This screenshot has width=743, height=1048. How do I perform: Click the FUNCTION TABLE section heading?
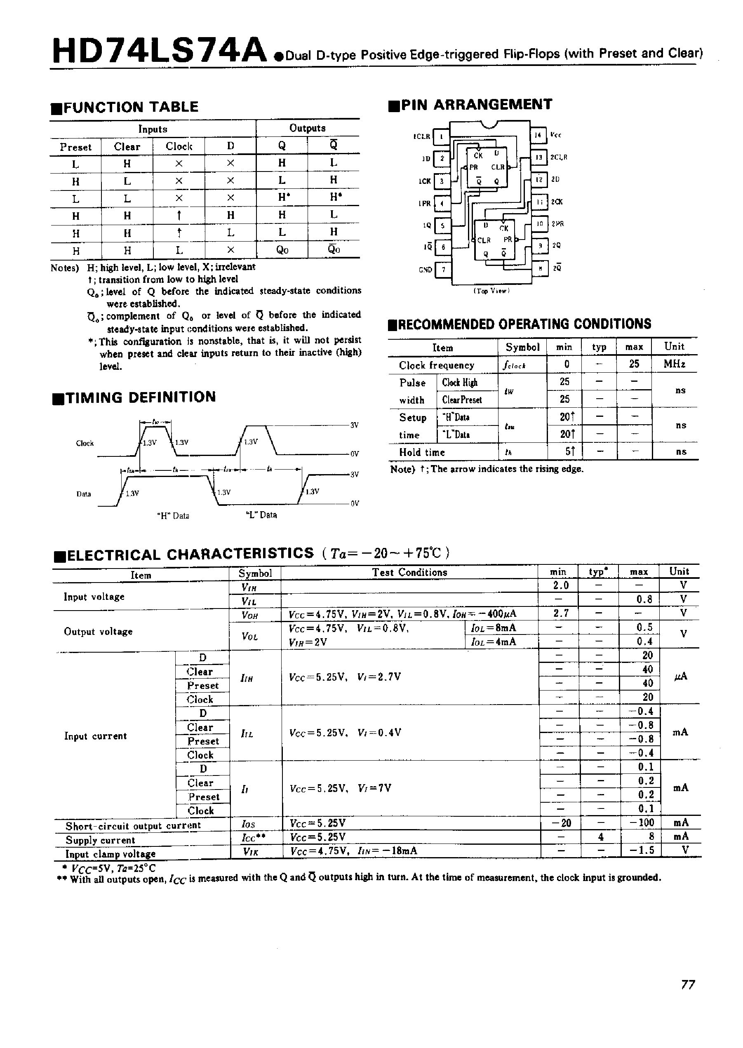tap(130, 107)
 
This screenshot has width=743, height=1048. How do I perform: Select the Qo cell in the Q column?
tap(282, 250)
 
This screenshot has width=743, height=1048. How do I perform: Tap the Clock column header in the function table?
tap(179, 146)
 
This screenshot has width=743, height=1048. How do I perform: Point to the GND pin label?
tap(425, 270)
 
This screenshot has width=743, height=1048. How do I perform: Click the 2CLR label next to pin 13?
tap(559, 157)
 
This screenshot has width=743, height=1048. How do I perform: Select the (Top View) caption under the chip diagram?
tap(491, 291)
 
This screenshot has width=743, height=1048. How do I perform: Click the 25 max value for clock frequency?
tap(634, 364)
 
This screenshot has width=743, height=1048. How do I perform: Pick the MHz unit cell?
tap(675, 364)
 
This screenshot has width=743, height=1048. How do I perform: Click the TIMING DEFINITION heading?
tap(141, 397)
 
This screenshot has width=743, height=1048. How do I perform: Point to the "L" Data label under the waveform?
tap(261, 515)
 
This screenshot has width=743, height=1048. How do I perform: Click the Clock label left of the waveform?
tap(85, 443)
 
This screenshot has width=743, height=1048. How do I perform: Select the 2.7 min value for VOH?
tap(560, 613)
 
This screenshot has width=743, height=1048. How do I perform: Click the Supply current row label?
tap(100, 840)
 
